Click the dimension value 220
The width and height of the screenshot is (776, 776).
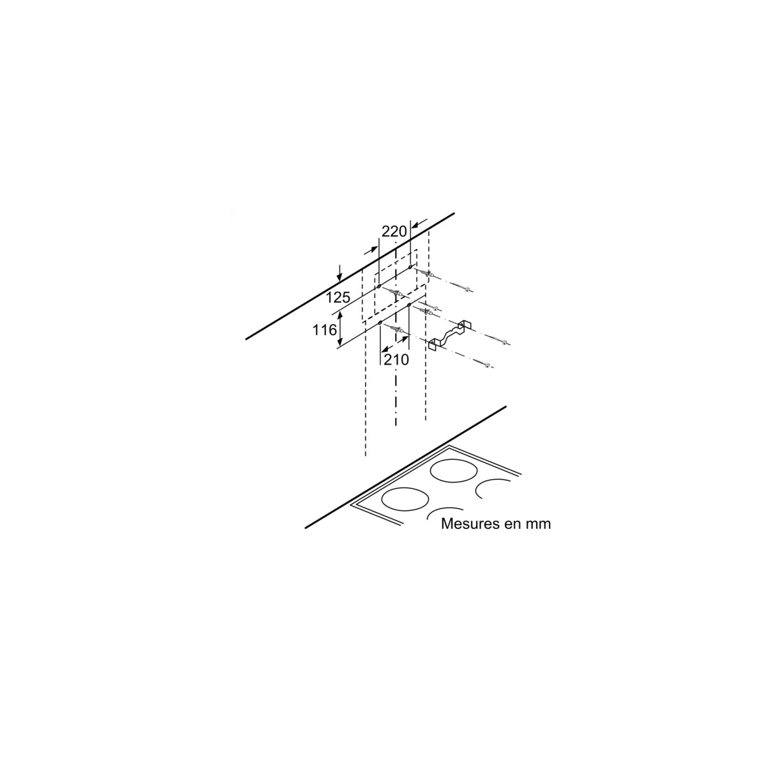(x=394, y=232)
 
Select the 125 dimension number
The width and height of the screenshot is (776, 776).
(x=338, y=297)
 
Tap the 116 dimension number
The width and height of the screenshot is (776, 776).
(x=325, y=330)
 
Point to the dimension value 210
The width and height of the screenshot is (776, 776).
(x=396, y=360)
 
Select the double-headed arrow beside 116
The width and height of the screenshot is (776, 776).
(x=340, y=330)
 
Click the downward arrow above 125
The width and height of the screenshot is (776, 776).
(x=340, y=273)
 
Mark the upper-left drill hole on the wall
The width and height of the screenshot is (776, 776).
(x=379, y=286)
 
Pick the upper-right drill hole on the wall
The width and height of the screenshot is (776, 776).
(x=409, y=266)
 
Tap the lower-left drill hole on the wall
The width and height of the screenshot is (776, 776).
(x=380, y=323)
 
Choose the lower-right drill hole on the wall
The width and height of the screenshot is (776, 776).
(x=409, y=305)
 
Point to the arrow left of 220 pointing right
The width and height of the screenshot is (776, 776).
(x=371, y=252)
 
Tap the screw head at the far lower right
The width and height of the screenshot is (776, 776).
(x=488, y=365)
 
